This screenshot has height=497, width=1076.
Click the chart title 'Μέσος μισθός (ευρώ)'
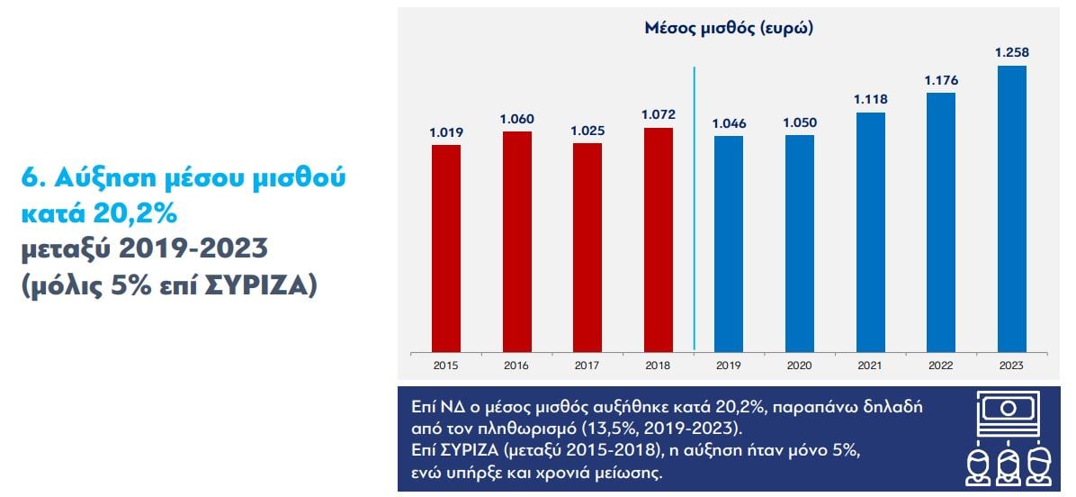[x=729, y=28]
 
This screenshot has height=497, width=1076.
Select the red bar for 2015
[x=446, y=248]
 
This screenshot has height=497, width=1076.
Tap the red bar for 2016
[x=516, y=241]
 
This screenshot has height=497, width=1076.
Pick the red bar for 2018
[x=659, y=239]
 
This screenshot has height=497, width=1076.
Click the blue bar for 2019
[x=729, y=243]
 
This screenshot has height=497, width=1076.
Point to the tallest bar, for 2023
[x=1011, y=208]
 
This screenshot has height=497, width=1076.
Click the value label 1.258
[x=1011, y=53]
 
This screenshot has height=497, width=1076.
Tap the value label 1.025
[x=587, y=131]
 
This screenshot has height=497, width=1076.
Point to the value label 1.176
[x=941, y=80]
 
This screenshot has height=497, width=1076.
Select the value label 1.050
[x=799, y=122]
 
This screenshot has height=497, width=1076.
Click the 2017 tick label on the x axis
[x=587, y=366]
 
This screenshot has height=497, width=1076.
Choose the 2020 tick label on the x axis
[x=799, y=366]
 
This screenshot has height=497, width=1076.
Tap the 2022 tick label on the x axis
[x=941, y=366]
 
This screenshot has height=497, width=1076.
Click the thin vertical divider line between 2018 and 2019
[x=695, y=207]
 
